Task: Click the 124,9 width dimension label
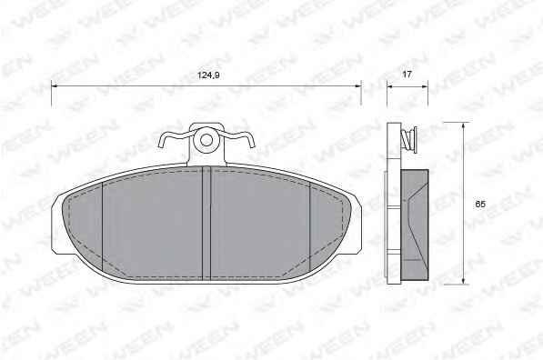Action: [x=208, y=75]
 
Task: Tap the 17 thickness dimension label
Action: [x=407, y=74]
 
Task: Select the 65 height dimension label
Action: [x=480, y=205]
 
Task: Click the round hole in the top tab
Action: [x=206, y=140]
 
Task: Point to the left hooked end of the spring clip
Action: [x=161, y=142]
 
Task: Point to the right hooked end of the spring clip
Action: [x=252, y=142]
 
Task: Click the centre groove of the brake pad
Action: [x=206, y=223]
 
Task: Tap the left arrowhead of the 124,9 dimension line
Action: [x=55, y=85]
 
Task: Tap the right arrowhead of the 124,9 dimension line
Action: [x=357, y=85]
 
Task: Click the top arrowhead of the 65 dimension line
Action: [x=463, y=125]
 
